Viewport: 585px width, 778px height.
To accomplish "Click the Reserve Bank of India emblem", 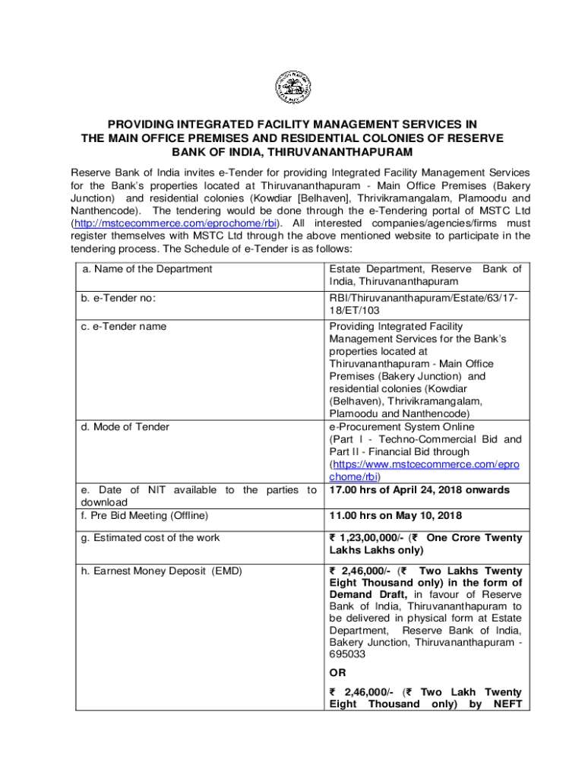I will (292, 84).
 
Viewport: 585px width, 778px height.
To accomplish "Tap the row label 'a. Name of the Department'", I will (147, 269).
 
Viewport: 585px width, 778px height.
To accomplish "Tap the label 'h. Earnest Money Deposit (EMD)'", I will (161, 571).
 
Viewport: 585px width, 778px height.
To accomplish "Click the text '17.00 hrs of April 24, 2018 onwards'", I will (419, 490).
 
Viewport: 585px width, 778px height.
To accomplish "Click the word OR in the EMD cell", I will (337, 672).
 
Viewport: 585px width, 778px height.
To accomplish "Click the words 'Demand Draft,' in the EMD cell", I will (369, 595).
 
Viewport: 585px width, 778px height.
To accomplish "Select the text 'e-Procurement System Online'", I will (400, 427).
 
